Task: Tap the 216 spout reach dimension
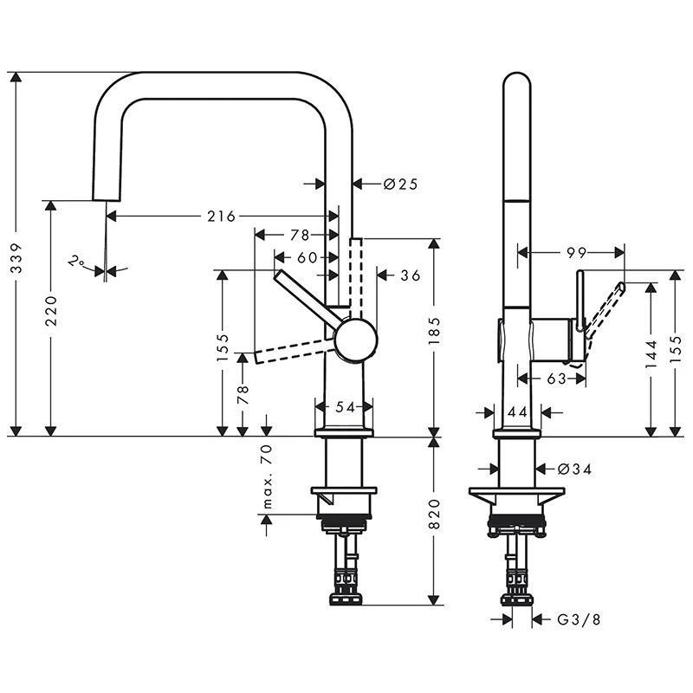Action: point(221,216)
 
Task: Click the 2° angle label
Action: point(78,260)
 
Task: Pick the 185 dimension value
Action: point(435,331)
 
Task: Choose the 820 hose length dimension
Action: point(435,514)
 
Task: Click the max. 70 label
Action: point(267,477)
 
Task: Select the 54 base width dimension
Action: point(344,405)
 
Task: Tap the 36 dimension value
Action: point(409,275)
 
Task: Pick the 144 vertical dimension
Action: point(651,353)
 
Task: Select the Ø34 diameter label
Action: point(573,469)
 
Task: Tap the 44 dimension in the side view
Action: point(517,411)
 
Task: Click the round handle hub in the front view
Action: point(356,339)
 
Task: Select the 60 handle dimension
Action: point(307,257)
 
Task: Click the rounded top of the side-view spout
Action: point(517,82)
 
